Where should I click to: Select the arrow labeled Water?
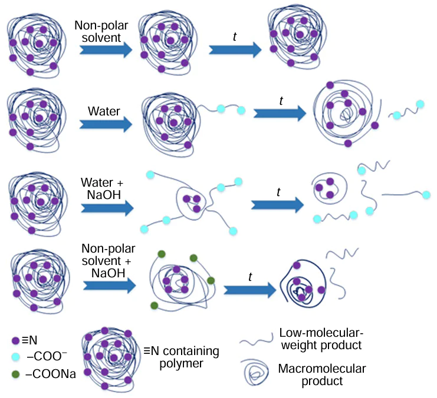106,125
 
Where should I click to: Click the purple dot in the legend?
16,340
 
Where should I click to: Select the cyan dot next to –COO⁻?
16,357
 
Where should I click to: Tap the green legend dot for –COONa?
16,374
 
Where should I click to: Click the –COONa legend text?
51,374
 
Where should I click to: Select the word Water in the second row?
104,111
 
